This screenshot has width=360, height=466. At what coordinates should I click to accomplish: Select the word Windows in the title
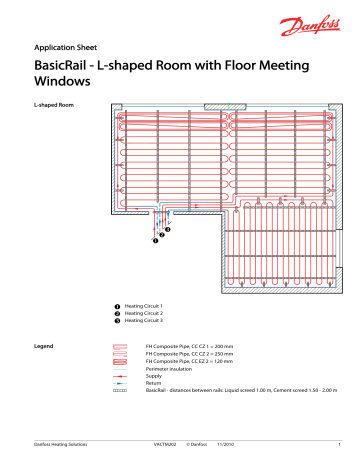(68, 84)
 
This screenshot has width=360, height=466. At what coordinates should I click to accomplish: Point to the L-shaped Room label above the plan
(55, 105)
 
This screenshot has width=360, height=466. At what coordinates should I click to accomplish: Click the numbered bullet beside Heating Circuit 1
(118, 305)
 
